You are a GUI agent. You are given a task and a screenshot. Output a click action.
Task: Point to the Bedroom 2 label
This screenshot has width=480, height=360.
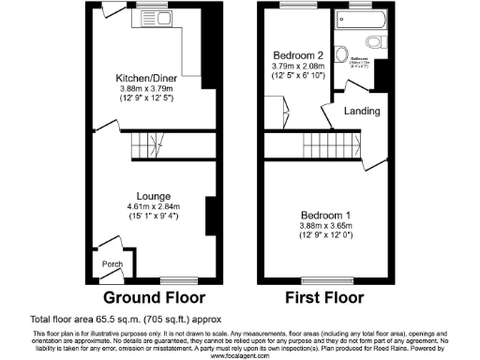coord(297,53)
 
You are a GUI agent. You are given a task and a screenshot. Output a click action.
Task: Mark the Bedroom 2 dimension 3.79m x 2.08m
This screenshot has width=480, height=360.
coord(297,66)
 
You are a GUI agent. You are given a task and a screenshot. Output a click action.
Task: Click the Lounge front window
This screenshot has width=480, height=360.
coord(174,279)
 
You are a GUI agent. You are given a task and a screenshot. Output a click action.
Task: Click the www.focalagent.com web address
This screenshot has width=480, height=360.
coord(240,355)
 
